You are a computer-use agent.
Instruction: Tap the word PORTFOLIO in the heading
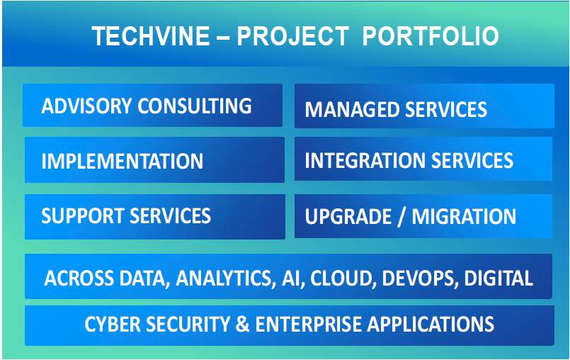click(x=431, y=36)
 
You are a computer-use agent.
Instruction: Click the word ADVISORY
click(x=86, y=106)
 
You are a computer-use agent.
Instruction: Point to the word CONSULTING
click(x=195, y=106)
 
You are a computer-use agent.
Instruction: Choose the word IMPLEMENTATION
click(x=122, y=161)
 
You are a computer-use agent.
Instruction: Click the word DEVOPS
click(x=419, y=278)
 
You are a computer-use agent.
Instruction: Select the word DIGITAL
click(x=498, y=278)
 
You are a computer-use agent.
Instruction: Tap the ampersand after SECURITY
click(x=242, y=324)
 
